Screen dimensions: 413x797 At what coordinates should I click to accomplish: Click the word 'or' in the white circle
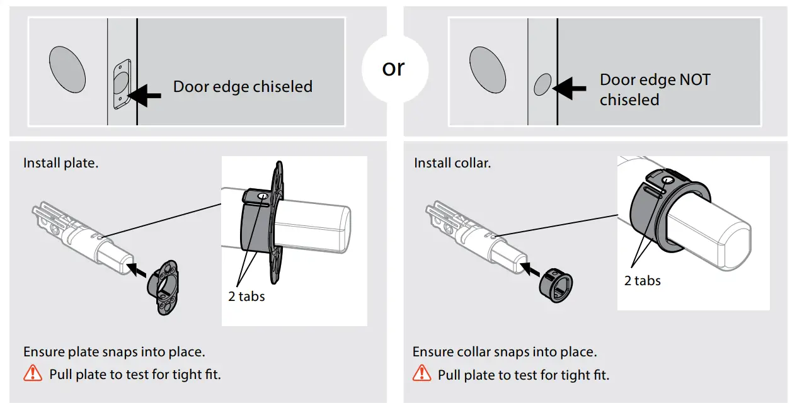[x=393, y=68]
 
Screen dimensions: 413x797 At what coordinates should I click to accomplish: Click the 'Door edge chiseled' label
[x=243, y=87]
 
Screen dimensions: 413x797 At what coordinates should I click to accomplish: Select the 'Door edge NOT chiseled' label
[x=655, y=90]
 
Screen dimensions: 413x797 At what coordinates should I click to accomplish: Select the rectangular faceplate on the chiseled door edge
[x=122, y=84]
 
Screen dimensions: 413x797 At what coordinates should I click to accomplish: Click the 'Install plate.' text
[x=61, y=163]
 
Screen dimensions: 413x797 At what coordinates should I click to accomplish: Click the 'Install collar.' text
[x=452, y=163]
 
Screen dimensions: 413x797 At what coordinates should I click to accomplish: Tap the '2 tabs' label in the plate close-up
[x=246, y=296]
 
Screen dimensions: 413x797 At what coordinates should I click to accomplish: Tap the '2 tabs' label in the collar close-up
[x=642, y=281]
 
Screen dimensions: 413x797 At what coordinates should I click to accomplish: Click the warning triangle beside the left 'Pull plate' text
[x=33, y=373]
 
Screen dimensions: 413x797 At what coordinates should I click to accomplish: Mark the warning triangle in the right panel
[x=421, y=373]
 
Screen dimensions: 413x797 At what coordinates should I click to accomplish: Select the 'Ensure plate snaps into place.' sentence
[x=114, y=352]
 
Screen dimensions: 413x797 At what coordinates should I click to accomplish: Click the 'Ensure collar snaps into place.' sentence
[x=505, y=352]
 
